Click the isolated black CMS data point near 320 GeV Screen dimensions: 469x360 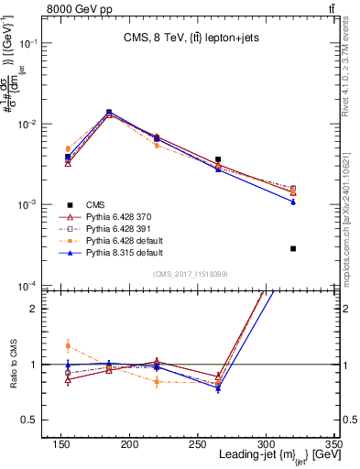tap(293, 248)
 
